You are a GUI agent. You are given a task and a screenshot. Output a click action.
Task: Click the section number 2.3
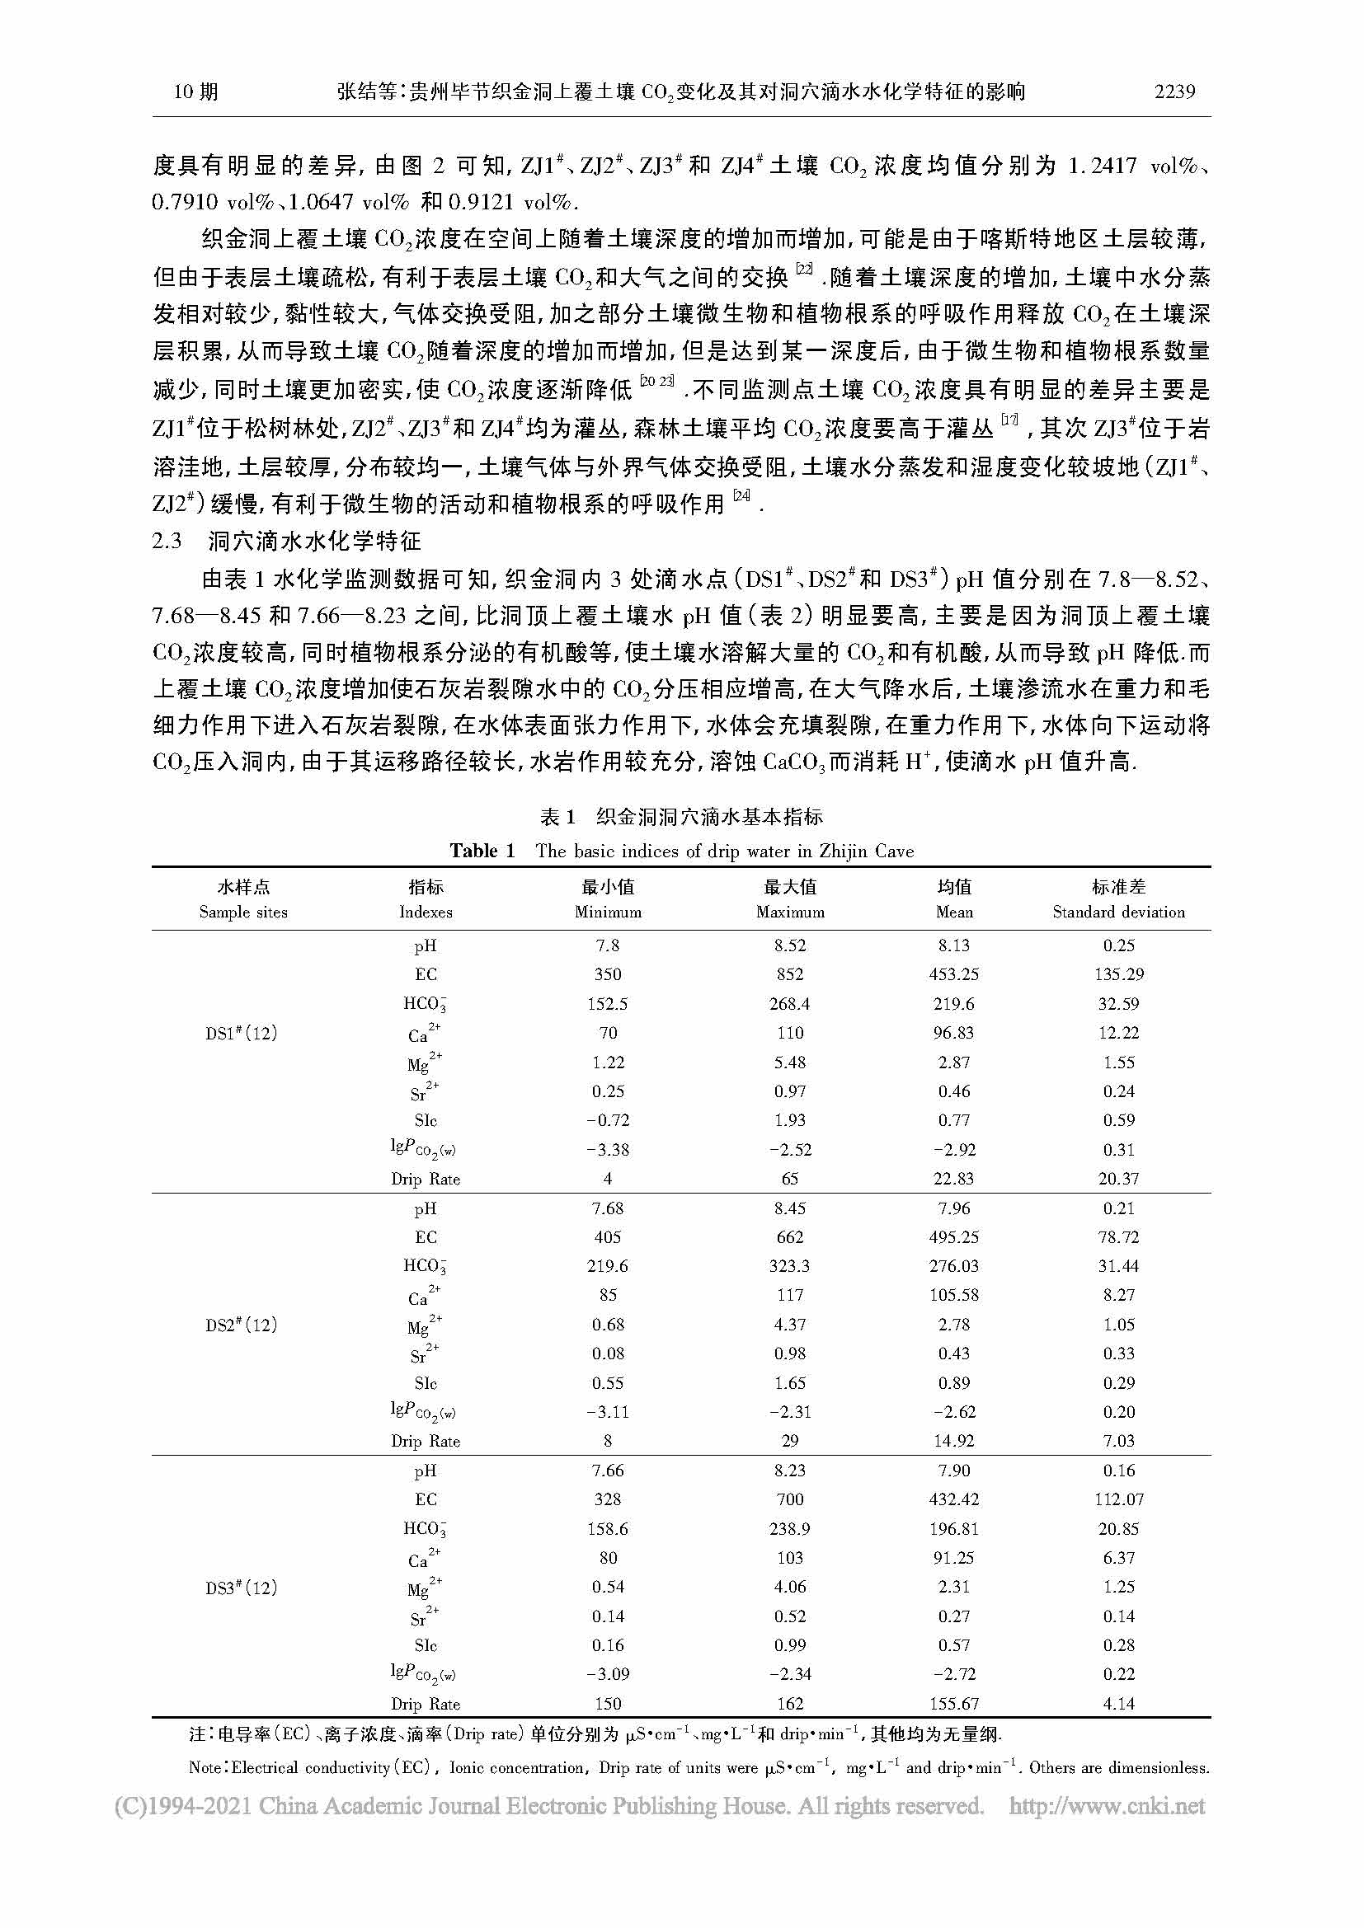point(167,541)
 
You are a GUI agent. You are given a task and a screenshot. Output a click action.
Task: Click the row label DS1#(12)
point(241,1033)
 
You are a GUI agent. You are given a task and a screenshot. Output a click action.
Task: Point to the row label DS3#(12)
point(241,1588)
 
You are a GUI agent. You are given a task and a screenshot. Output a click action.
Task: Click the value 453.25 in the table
point(954,974)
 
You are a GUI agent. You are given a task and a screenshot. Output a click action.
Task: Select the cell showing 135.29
point(1118,974)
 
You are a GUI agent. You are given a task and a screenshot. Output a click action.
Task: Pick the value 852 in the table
point(789,974)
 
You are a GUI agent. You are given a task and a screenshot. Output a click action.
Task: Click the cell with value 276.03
point(954,1265)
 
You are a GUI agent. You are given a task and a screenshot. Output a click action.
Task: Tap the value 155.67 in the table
point(954,1704)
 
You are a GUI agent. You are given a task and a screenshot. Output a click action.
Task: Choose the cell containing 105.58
point(954,1295)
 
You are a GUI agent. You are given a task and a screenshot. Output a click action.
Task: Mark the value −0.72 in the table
point(607,1120)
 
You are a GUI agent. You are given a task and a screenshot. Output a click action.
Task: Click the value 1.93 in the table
point(789,1120)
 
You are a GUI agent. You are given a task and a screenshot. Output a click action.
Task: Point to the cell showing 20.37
point(1118,1179)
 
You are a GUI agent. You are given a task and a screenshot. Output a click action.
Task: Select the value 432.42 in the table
point(954,1499)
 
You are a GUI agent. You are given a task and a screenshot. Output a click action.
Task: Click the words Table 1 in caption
point(482,851)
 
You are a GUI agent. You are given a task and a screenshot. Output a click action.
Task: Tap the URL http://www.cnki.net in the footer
point(1106,1805)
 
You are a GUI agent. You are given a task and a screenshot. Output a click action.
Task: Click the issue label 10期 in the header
point(195,91)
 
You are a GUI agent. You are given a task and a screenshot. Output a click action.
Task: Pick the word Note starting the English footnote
point(207,1767)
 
